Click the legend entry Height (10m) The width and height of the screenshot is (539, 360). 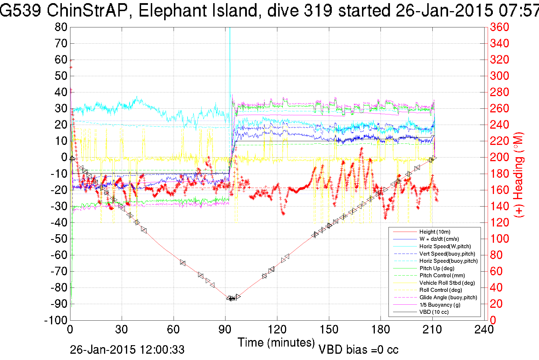(x=435, y=232)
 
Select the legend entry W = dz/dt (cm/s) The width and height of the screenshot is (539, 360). (x=439, y=239)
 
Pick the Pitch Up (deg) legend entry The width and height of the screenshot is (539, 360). (x=437, y=268)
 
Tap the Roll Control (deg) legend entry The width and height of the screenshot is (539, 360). (x=440, y=290)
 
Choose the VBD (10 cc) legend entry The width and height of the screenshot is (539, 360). (x=434, y=312)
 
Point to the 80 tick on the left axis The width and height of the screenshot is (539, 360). (x=61, y=27)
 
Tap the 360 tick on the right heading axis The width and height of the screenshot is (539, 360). (x=499, y=27)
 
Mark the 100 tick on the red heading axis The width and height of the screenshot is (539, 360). (x=499, y=239)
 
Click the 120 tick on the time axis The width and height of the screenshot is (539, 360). (x=277, y=330)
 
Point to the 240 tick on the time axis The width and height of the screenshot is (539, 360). (x=484, y=330)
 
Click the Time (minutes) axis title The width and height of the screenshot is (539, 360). (x=276, y=342)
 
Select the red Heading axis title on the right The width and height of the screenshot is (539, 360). (x=519, y=175)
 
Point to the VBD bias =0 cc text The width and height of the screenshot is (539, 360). (x=358, y=350)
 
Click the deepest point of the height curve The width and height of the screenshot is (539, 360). (x=231, y=299)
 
